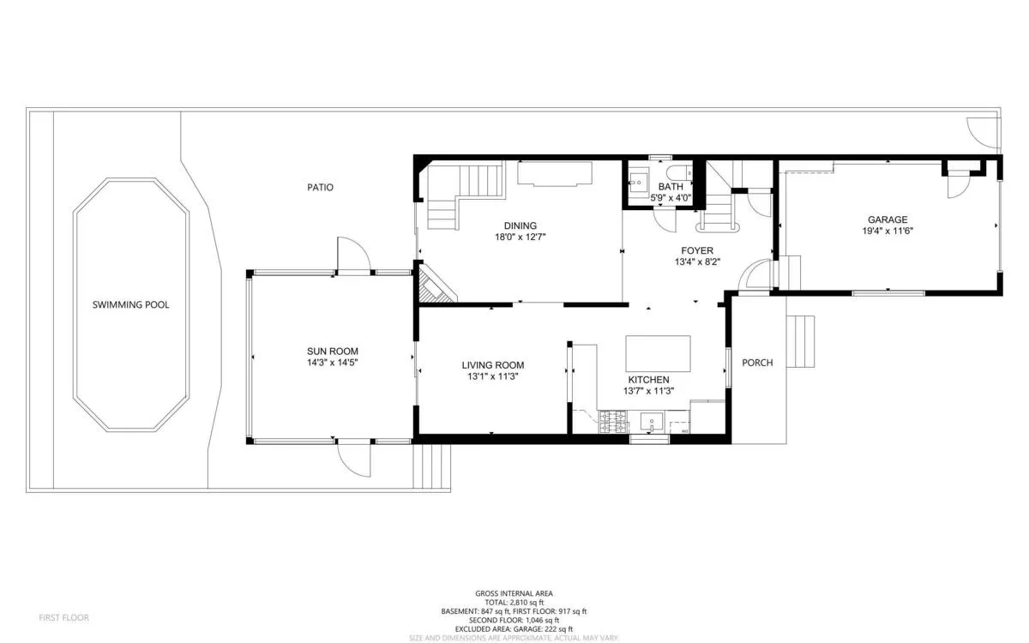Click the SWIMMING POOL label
[x=131, y=304]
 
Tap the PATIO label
[x=320, y=187]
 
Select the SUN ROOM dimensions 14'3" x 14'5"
[x=333, y=363]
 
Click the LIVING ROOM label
[x=492, y=364]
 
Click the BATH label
[x=670, y=186]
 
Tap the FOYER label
[x=696, y=250]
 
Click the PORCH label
[x=757, y=363]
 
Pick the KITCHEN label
[x=648, y=379]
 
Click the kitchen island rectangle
[x=658, y=352]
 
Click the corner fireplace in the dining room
[x=434, y=286]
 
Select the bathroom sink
[x=638, y=183]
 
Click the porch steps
[x=800, y=341]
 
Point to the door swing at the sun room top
[x=352, y=254]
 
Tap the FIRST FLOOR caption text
[x=63, y=617]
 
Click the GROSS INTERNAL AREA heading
[x=514, y=593]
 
